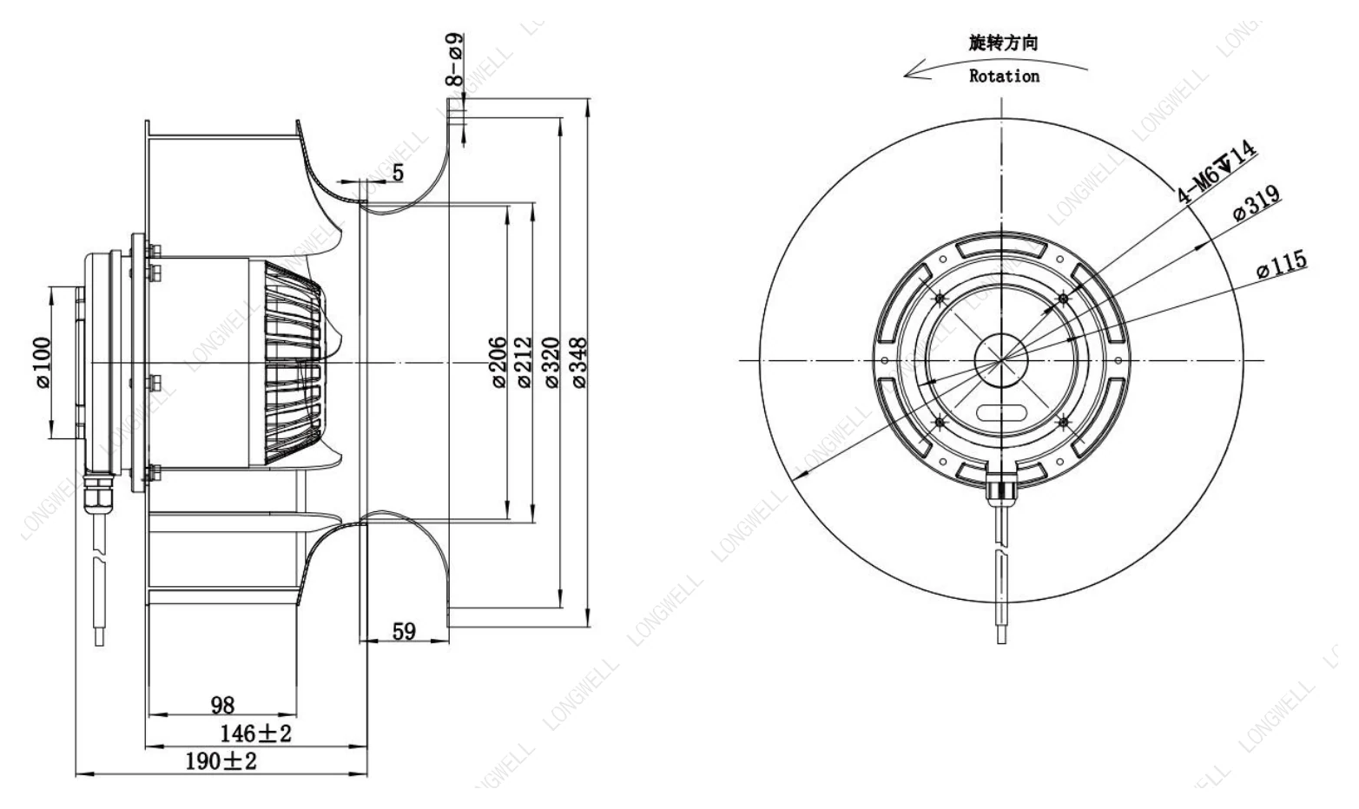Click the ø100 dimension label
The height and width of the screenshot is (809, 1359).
43,363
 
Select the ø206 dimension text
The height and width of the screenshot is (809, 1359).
498,362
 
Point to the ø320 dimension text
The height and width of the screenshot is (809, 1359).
551,362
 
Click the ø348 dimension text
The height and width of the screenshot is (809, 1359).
579,362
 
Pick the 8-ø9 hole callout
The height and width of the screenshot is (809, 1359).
454,59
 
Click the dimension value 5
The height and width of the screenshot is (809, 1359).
398,173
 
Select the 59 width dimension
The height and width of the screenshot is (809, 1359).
404,632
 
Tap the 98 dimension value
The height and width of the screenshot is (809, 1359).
222,705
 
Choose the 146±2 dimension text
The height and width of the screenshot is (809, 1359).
255,733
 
